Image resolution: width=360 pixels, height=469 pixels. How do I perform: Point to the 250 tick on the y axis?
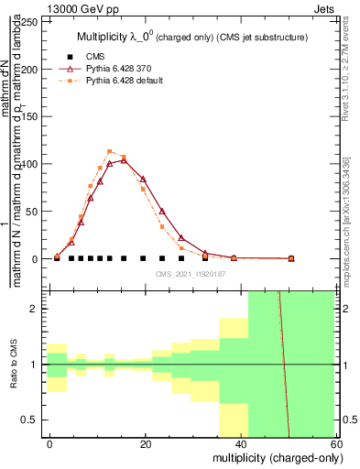point(32,21)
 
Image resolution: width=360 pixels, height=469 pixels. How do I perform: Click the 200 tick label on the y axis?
point(32,69)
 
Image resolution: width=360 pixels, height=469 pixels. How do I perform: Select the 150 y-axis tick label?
point(32,116)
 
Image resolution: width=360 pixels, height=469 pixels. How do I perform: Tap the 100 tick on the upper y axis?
point(32,164)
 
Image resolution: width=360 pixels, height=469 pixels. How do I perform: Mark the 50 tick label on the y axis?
point(35,212)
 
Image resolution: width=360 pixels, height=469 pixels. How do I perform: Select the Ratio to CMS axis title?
point(14,365)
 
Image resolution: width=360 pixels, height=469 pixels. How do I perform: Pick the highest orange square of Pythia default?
point(110,151)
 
